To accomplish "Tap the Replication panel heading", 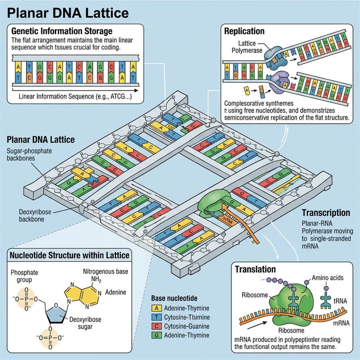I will tap(244, 31).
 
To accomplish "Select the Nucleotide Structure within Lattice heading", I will tap(70, 256).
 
